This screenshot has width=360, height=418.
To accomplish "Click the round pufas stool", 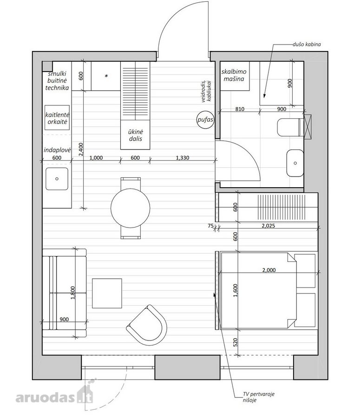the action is (205, 120).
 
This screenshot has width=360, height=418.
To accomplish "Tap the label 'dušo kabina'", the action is (307, 44).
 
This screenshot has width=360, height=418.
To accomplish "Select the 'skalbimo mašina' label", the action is (234, 75).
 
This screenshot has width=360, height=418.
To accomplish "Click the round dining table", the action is (131, 208).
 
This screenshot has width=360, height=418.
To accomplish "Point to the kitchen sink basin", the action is (57, 179).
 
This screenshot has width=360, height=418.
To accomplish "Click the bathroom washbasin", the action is (295, 163).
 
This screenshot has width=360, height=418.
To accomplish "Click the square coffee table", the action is (107, 293).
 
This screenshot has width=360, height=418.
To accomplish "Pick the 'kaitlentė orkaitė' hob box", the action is (57, 118).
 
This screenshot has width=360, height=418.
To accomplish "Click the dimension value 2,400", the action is (81, 149).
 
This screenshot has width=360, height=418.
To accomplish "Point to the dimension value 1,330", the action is (183, 158).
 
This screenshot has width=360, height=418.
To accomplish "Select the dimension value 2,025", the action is (268, 226).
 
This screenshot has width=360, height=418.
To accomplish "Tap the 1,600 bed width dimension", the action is (235, 291).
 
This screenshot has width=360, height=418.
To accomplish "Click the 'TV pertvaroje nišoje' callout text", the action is (258, 397).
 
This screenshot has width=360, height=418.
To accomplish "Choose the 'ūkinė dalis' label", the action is (136, 135).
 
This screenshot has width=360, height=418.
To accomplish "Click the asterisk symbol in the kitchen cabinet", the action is (106, 76).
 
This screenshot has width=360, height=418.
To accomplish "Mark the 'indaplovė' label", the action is (57, 150).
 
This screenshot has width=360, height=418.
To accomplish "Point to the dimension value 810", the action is (240, 109).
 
